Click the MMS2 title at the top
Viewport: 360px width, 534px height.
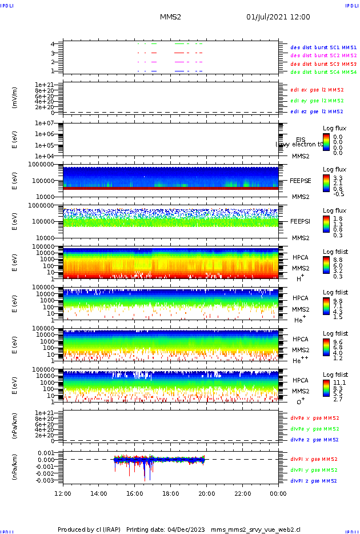tap(170, 17)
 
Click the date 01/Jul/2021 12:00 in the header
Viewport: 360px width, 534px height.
tap(278, 17)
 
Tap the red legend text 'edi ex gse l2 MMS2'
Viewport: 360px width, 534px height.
tap(317, 90)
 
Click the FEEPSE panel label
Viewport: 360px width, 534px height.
tap(301, 180)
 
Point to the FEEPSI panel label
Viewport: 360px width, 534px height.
tap(301, 221)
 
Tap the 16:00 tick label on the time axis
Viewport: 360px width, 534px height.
tap(134, 493)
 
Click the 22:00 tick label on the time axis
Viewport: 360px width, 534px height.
tap(242, 493)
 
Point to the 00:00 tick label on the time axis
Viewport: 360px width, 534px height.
tap(278, 493)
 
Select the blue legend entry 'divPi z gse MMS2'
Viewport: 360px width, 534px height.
tap(314, 481)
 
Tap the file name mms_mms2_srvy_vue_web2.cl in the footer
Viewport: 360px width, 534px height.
tap(255, 530)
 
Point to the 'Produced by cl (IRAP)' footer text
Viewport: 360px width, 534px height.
tap(89, 530)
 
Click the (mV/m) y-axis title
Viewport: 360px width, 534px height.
tap(15, 98)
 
